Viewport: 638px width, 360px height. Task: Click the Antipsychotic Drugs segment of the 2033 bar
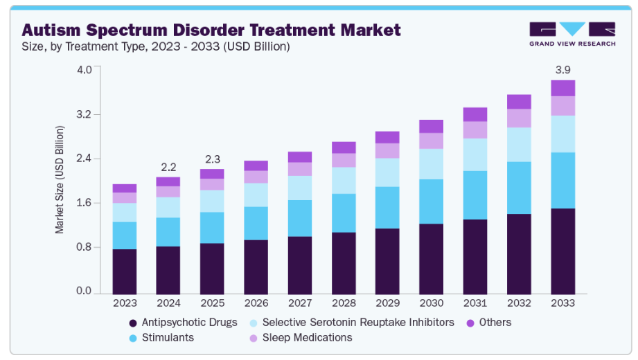562,251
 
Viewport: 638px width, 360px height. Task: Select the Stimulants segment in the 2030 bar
430,201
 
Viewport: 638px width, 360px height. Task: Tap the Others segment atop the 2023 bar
125,188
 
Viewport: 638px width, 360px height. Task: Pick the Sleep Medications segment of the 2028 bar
344,160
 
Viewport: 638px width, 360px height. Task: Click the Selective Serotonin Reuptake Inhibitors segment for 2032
519,145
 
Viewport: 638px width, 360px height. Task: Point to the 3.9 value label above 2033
563,70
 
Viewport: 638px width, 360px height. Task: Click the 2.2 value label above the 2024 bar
168,167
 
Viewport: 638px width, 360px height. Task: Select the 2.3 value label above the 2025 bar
212,159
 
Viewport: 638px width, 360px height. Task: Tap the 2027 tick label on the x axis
300,303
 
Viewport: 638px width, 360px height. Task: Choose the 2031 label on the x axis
475,303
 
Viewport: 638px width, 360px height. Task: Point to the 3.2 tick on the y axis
84,114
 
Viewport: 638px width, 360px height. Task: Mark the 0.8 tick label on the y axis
84,247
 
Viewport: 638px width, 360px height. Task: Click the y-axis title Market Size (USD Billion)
60,180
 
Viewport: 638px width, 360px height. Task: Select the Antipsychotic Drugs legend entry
184,323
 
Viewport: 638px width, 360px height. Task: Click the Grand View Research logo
572,34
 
